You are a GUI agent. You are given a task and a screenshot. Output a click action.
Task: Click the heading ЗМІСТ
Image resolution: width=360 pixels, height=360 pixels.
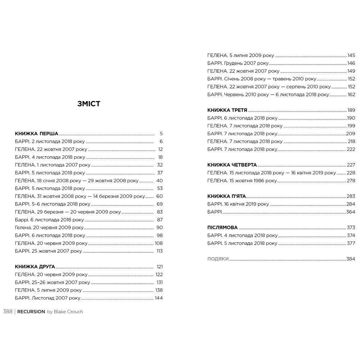point(88,104)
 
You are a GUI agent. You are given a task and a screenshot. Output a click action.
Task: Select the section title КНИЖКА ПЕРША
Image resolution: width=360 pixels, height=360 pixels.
point(37,133)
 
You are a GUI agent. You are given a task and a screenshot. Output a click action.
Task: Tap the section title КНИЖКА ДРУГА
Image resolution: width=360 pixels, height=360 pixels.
point(35,267)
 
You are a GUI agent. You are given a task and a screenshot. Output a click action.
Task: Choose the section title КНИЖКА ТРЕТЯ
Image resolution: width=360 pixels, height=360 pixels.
point(227,110)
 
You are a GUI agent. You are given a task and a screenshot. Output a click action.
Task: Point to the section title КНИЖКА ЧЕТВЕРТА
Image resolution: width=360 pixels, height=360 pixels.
point(232,165)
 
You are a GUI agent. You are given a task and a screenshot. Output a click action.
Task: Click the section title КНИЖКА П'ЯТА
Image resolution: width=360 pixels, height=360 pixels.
point(226,196)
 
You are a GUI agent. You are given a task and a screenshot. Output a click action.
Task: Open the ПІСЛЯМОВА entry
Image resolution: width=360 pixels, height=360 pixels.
point(222,228)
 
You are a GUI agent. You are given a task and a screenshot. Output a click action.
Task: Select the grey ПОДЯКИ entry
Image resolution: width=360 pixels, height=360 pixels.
point(218,259)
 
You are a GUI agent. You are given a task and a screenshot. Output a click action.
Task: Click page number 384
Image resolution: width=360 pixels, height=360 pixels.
point(351,259)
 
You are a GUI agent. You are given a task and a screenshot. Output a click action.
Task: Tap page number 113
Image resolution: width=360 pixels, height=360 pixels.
point(160,251)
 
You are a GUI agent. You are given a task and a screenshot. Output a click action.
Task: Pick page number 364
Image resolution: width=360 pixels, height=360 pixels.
point(351,212)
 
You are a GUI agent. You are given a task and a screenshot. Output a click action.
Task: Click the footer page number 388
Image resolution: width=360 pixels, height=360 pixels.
point(8,312)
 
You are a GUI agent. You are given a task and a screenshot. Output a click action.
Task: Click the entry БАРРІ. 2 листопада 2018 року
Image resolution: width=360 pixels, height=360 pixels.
point(50,141)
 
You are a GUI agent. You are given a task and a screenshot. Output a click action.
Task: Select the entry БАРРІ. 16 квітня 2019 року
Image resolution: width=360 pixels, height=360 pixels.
point(238,204)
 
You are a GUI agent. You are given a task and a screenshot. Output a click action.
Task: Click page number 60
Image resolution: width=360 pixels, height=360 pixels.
point(160,196)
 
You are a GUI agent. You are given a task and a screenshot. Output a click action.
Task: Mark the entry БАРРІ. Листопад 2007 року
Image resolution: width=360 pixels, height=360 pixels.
point(48,298)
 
